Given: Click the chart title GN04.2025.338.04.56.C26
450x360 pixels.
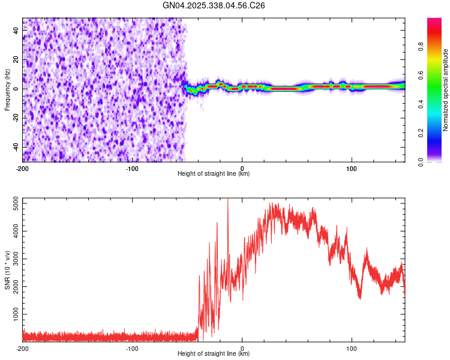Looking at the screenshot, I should (x=214, y=5).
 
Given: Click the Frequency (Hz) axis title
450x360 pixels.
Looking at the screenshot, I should (x=7, y=89).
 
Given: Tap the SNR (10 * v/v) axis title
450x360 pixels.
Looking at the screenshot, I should (x=7, y=270).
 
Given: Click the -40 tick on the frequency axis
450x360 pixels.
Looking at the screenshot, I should (x=15, y=147).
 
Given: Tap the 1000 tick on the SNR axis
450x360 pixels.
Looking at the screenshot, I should (x=13, y=314).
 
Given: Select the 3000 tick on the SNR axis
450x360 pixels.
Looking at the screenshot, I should (x=13, y=259).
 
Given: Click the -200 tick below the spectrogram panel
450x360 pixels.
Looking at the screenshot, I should (x=23, y=167).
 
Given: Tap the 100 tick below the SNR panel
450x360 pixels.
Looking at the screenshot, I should (x=352, y=348).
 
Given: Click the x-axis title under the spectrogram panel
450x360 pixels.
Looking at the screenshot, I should (x=214, y=174).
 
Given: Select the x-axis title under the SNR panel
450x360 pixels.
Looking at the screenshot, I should (x=214, y=355).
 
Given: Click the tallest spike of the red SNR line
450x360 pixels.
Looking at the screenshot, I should (x=227, y=200).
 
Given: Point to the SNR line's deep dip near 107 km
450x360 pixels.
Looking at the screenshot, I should (x=360, y=298).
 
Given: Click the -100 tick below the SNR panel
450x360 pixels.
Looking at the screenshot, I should (x=132, y=348).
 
